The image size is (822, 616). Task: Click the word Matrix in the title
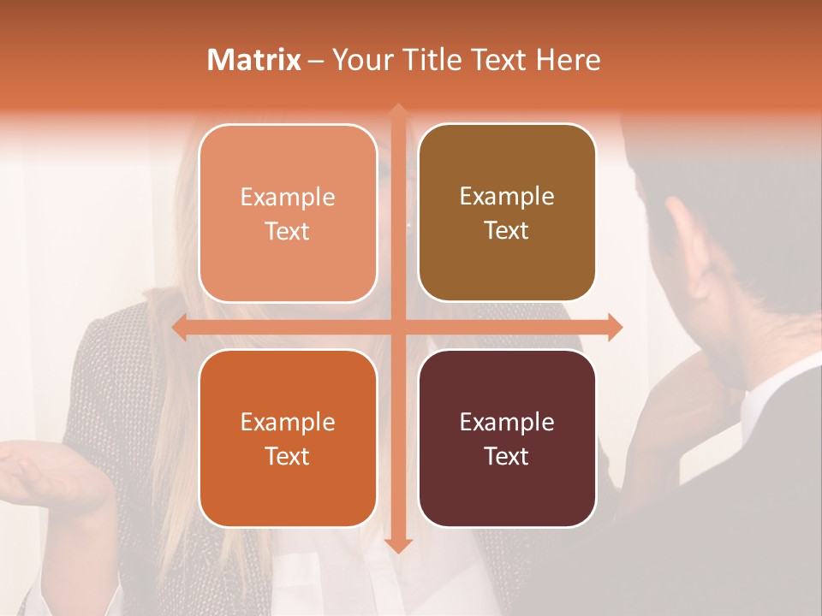[x=253, y=60]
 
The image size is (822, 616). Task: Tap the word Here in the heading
[x=568, y=60]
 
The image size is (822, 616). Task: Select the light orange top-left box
[x=288, y=213]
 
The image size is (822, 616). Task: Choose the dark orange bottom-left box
[x=288, y=438]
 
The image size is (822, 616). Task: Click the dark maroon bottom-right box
[x=507, y=438]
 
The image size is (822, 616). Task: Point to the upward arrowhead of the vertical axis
[x=398, y=111]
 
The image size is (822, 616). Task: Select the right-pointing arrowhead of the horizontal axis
[x=615, y=327]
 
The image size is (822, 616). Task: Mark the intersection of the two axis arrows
[x=398, y=327]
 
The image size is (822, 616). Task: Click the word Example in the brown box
[x=507, y=196]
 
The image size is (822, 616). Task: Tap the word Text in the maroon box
[x=507, y=456]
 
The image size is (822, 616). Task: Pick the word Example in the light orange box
[x=288, y=197]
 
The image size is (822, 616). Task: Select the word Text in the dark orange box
[x=288, y=456]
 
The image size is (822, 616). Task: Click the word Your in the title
[x=362, y=60]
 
